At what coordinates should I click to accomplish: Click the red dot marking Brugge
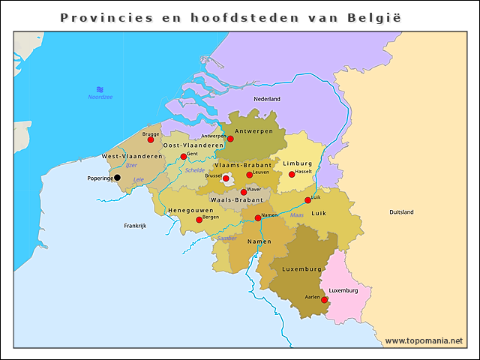click(151, 139)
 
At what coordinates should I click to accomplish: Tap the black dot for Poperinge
click(117, 178)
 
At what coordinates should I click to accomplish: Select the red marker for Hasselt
click(292, 175)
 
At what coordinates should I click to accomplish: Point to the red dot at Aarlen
click(324, 299)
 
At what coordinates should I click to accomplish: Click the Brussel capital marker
click(226, 178)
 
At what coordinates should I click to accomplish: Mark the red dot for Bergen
click(199, 220)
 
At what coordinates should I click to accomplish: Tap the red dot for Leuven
click(250, 175)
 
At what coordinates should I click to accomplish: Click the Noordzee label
click(100, 97)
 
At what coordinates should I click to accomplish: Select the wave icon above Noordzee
click(100, 89)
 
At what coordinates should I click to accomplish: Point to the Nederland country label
click(267, 99)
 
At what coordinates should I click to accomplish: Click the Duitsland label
click(401, 212)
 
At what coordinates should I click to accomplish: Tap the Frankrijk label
click(135, 225)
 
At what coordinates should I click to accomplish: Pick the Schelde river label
click(195, 170)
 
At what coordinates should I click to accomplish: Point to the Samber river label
click(226, 238)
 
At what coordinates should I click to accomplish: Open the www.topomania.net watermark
click(423, 340)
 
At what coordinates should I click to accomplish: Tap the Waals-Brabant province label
click(235, 200)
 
